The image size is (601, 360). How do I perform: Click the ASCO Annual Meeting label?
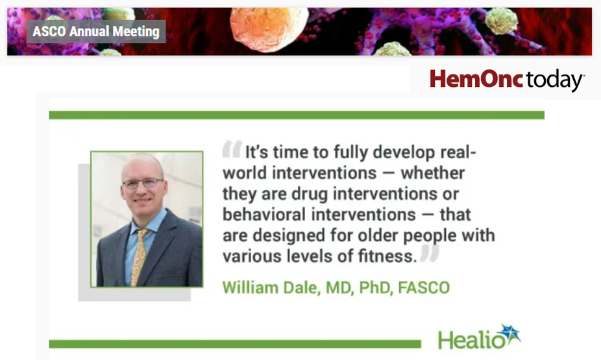click(96, 31)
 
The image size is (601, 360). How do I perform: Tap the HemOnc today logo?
click(507, 80)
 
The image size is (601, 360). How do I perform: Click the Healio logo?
click(479, 337)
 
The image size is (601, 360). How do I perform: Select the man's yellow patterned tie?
click(139, 258)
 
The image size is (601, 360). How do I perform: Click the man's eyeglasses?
click(143, 184)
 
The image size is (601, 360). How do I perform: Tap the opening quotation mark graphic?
click(232, 149)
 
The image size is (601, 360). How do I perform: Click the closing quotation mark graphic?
click(429, 253)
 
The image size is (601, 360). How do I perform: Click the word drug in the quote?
click(310, 194)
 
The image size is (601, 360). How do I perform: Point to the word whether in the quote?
click(433, 173)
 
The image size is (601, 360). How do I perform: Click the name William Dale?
click(271, 287)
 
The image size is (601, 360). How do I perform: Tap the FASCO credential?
click(424, 287)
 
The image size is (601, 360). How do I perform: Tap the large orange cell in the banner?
click(269, 29)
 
